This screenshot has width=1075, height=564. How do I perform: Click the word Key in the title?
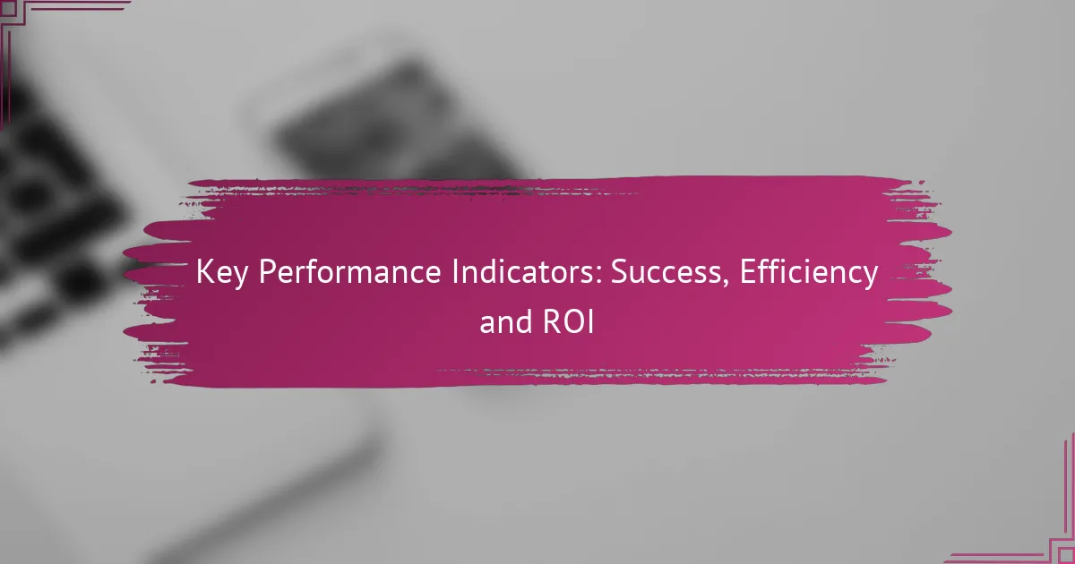pos(222,273)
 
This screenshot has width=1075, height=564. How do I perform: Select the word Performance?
pos(350,272)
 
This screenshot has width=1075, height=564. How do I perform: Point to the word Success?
pos(666,272)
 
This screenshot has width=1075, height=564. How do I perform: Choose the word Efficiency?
pos(809,272)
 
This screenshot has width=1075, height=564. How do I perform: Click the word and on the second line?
pos(506,321)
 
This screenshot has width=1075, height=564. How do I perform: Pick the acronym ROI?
pos(570,321)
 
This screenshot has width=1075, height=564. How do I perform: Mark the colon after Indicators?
pos(600,277)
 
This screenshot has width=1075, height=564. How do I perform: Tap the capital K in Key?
pos(204,272)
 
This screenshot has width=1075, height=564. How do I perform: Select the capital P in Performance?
pos(267,272)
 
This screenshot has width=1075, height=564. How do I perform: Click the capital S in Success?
pos(619,272)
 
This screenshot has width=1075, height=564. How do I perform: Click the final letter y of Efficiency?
pos(870,278)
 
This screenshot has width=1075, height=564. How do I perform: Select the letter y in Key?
pos(240,278)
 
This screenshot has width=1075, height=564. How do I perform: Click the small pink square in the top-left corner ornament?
pos(8,7)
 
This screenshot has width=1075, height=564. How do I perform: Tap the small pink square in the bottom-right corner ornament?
pos(1067,556)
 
